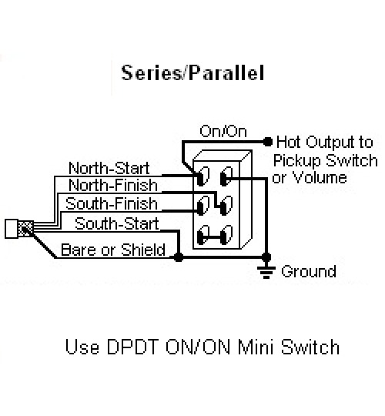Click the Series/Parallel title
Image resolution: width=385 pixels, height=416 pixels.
pos(192,72)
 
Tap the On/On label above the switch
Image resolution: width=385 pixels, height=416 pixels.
pos(223,131)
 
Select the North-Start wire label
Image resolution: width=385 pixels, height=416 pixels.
pos(109,168)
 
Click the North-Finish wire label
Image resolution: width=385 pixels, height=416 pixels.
pos(113,185)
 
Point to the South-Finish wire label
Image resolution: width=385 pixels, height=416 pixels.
pos(112,203)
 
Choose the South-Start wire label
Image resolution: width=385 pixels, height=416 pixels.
pos(117,223)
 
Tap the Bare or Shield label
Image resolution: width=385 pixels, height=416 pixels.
pos(113,250)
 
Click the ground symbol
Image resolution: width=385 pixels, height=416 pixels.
pos(266,272)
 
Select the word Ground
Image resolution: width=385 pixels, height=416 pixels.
pos(309,271)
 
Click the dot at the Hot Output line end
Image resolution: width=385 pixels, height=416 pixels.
pos(268,142)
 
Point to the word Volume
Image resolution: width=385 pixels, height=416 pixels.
pos(320,177)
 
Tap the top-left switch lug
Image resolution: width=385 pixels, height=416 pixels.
pos(203,176)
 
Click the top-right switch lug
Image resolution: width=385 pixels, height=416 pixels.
pos(226,176)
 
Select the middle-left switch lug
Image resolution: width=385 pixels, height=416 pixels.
pos(203,205)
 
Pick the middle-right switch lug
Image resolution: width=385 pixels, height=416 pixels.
pos(226,205)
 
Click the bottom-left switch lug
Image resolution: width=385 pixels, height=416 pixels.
pos(203,234)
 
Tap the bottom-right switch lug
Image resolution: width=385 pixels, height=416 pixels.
pos(226,234)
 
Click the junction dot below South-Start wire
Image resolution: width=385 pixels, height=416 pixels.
pos(178,257)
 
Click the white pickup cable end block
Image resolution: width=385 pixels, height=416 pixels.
pos(12,229)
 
